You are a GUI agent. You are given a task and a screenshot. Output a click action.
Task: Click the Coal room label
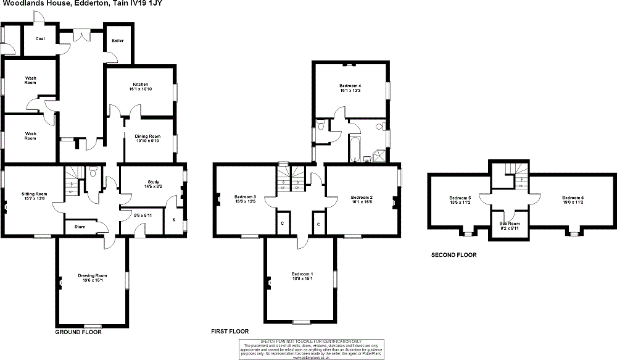[40, 39]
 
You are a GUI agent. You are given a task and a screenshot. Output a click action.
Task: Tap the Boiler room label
[117, 41]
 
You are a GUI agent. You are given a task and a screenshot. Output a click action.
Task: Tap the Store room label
[80, 227]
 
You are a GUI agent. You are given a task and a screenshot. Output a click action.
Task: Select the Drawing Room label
[93, 275]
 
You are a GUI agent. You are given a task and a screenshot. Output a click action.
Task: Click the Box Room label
[509, 223]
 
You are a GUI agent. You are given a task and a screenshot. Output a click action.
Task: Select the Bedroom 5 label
[571, 197]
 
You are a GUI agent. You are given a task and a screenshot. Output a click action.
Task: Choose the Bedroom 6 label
[460, 197]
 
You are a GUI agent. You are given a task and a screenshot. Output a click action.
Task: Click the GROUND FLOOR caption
[78, 332]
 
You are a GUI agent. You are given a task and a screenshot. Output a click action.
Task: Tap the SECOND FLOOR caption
[453, 254]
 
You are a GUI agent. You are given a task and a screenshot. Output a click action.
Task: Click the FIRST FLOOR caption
[230, 332]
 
